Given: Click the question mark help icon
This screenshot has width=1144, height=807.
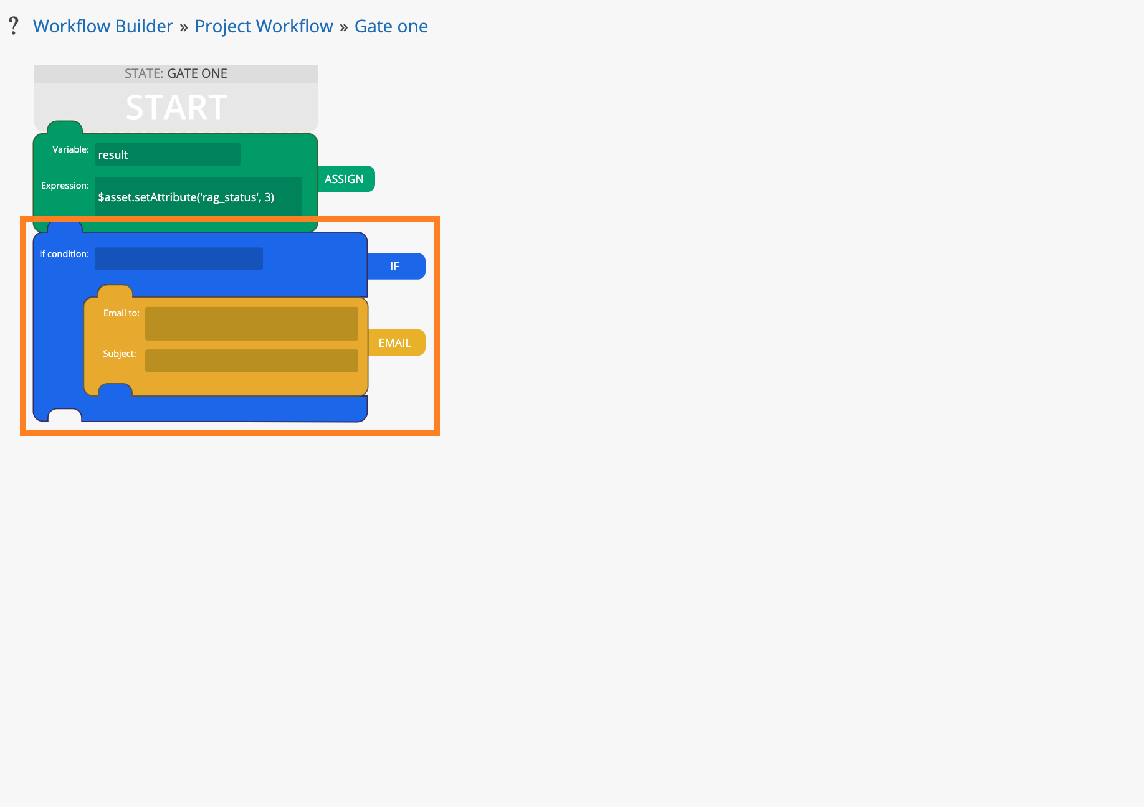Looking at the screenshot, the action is pyautogui.click(x=14, y=26).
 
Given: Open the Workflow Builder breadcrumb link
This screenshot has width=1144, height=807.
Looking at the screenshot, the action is pyautogui.click(x=103, y=26).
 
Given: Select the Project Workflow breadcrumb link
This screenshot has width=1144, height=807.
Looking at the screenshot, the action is pyautogui.click(x=264, y=26).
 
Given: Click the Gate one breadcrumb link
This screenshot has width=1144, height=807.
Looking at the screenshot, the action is pyautogui.click(x=391, y=26).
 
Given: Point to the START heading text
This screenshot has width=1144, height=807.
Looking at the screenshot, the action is pyautogui.click(x=176, y=107).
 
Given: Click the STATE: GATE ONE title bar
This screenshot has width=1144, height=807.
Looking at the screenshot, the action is pyautogui.click(x=176, y=73).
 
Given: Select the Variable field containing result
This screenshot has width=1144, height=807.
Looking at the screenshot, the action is pyautogui.click(x=167, y=154).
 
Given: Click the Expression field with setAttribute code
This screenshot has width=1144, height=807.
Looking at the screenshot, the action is pyautogui.click(x=198, y=197).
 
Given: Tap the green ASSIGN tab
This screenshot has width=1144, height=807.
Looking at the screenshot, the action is pyautogui.click(x=346, y=179).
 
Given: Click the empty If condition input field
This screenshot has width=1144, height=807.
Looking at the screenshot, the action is pyautogui.click(x=178, y=258).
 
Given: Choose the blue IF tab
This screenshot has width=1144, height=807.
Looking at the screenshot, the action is pyautogui.click(x=396, y=266).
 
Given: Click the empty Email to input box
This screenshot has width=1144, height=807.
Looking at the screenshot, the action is pyautogui.click(x=251, y=323).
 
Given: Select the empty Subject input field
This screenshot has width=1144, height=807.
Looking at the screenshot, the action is pyautogui.click(x=251, y=361).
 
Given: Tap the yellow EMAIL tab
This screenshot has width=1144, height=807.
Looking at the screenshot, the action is pyautogui.click(x=396, y=342).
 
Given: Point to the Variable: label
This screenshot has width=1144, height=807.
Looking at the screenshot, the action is pyautogui.click(x=70, y=149).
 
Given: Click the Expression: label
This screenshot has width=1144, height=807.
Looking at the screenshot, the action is pyautogui.click(x=65, y=186).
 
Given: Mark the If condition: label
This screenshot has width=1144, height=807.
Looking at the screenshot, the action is pyautogui.click(x=64, y=254).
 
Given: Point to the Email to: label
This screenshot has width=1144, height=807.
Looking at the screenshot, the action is pyautogui.click(x=122, y=313).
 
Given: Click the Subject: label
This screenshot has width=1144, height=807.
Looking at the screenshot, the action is pyautogui.click(x=120, y=354).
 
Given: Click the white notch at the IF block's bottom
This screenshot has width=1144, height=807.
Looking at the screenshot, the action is pyautogui.click(x=65, y=415).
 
